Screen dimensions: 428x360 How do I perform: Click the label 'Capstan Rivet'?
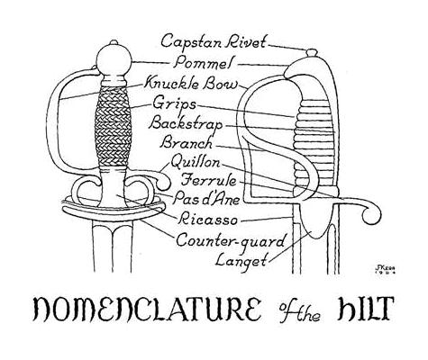214,41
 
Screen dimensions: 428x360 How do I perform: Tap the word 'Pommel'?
203,63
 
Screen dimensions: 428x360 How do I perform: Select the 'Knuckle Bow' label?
191,84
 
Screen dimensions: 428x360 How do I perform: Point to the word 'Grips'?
174,104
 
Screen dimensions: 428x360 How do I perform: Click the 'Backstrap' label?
187,123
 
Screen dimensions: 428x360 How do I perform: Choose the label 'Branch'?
187,142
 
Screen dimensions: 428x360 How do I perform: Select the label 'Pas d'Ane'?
207,199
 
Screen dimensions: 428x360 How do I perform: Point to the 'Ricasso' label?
208,220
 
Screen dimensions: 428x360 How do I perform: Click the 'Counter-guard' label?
231,240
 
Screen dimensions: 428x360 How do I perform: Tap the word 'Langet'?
241,260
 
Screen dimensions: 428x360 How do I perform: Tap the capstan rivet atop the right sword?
312,53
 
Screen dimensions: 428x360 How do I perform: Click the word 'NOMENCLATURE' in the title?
147,309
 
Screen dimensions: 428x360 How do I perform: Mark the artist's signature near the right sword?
385,269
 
